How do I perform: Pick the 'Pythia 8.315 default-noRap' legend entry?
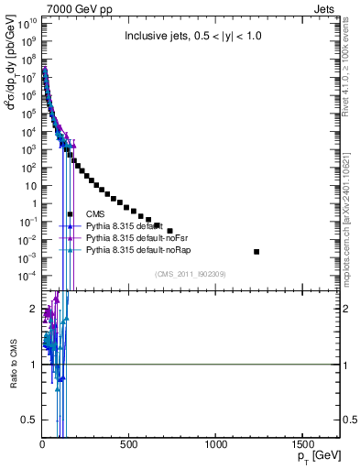[x=141, y=249]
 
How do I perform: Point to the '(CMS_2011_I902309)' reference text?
[x=190, y=274]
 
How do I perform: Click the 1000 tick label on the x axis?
[x=215, y=444]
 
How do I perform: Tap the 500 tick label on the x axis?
[x=129, y=444]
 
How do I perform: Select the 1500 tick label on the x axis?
[x=302, y=444]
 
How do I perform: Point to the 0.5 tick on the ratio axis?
[x=30, y=420]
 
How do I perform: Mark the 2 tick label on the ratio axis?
[x=33, y=310]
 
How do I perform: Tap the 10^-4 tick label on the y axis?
[x=27, y=276]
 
